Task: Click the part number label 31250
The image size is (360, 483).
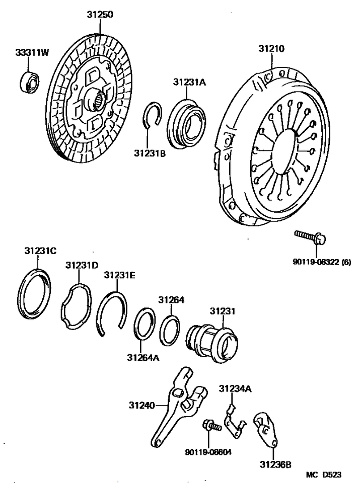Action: (100, 15)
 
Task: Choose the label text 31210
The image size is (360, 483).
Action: (271, 49)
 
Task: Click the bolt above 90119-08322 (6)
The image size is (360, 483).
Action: (310, 238)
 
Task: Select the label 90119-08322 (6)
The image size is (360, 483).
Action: (322, 262)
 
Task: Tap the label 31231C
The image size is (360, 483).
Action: (40, 251)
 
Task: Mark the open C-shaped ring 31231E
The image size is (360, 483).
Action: (112, 313)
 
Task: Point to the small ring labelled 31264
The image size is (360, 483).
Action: (170, 330)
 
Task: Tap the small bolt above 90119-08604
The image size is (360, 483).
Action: (212, 426)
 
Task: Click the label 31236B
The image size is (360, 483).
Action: (275, 464)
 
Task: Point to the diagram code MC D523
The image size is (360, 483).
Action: (324, 474)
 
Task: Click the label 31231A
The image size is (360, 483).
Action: (189, 82)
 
